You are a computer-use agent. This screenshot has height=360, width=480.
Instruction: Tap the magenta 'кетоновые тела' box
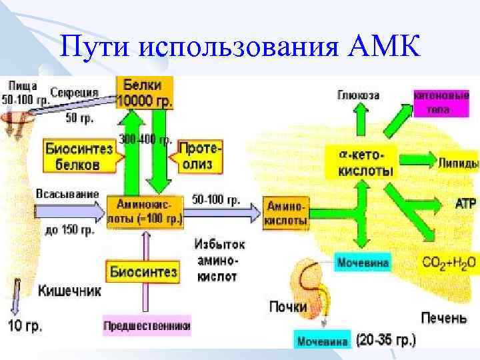(x=441, y=103)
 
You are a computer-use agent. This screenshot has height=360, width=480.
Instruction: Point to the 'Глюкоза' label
(x=358, y=95)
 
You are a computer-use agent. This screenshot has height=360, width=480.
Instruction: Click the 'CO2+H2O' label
(x=449, y=262)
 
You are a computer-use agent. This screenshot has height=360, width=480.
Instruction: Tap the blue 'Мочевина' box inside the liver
(x=363, y=262)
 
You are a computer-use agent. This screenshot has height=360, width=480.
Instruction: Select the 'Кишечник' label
(x=69, y=291)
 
